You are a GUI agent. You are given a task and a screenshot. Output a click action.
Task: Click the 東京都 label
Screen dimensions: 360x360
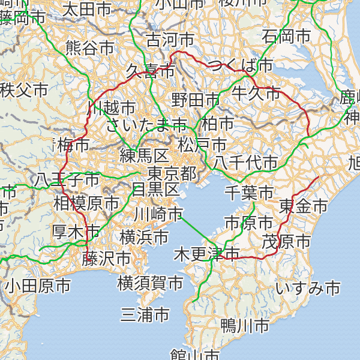[x=172, y=174]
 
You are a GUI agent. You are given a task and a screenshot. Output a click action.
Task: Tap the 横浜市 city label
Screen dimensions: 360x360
[x=144, y=237]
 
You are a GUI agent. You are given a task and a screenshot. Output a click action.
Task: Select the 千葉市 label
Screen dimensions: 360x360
[x=249, y=193]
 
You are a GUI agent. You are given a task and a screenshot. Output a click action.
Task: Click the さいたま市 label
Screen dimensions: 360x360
[x=146, y=125]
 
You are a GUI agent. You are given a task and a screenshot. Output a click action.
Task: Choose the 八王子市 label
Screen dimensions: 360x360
[x=67, y=179]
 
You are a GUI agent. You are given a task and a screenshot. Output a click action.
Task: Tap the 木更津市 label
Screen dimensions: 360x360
[x=206, y=254]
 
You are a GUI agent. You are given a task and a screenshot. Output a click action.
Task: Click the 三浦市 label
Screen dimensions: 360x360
[x=145, y=314]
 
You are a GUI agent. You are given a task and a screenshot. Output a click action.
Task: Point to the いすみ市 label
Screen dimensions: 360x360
[x=308, y=289]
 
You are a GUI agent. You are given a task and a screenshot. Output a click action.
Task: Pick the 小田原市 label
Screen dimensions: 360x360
[x=37, y=286]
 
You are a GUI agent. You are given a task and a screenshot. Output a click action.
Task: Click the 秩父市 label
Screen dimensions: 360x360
[x=24, y=91]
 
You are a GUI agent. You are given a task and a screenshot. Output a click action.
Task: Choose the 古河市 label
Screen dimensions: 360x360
[x=170, y=40]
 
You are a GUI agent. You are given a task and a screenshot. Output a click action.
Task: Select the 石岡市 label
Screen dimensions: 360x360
[x=286, y=35]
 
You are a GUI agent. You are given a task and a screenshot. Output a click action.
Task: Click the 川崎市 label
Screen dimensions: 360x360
[x=158, y=214]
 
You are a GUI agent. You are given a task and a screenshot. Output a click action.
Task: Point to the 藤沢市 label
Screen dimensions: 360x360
[x=107, y=259]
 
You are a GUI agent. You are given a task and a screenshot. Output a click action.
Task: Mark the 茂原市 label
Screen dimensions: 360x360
[x=286, y=242]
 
